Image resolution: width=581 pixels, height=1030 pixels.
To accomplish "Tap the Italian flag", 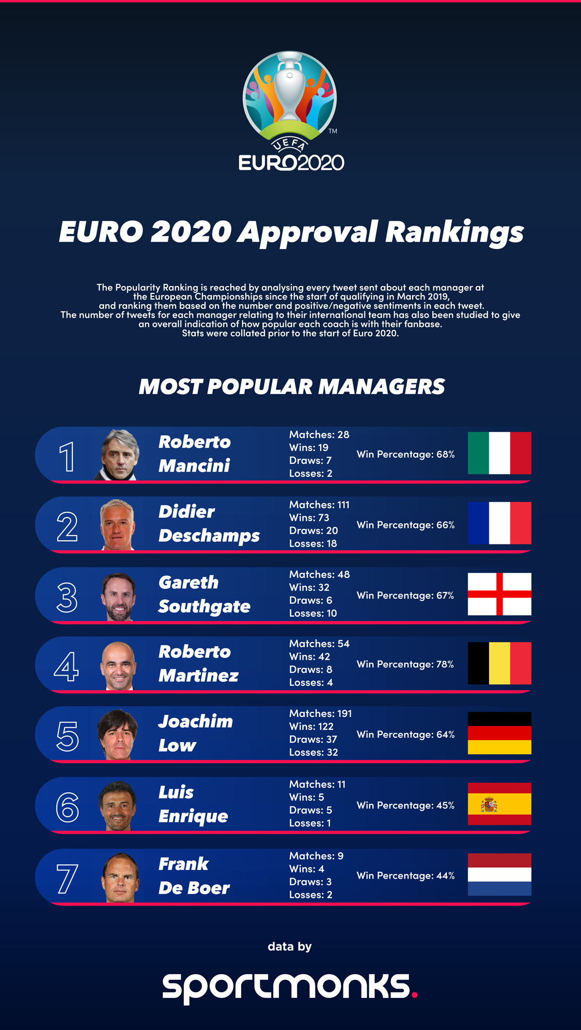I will click(x=499, y=453).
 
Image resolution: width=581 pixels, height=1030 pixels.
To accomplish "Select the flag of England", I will click(x=499, y=594).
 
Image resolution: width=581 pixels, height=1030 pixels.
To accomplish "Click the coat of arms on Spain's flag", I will click(x=489, y=804).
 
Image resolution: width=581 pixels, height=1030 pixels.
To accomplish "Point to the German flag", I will click(x=499, y=733).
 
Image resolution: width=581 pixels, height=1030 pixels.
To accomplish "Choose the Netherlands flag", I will click(x=499, y=874).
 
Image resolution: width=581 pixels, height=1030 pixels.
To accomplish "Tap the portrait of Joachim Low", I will click(x=118, y=734).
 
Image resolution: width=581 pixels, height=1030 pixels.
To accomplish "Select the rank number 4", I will click(x=67, y=666).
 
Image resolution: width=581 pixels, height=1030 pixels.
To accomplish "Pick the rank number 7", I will click(x=67, y=878).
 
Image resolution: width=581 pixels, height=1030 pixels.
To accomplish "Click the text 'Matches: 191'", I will click(x=320, y=713).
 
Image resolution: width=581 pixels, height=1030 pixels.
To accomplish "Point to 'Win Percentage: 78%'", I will click(x=405, y=664).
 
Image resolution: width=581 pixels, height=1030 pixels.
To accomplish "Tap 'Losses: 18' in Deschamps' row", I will click(x=313, y=543).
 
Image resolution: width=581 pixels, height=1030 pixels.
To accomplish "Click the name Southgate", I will click(x=204, y=606).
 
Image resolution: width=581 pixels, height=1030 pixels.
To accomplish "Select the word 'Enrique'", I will click(x=193, y=817).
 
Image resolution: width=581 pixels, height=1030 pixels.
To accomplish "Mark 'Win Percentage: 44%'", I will click(x=405, y=876).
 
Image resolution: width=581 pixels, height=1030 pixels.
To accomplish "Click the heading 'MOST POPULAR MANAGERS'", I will click(x=291, y=387).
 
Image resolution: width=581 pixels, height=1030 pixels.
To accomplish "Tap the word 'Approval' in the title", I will click(x=308, y=232).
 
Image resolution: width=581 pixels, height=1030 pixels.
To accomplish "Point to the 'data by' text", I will click(x=290, y=946).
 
